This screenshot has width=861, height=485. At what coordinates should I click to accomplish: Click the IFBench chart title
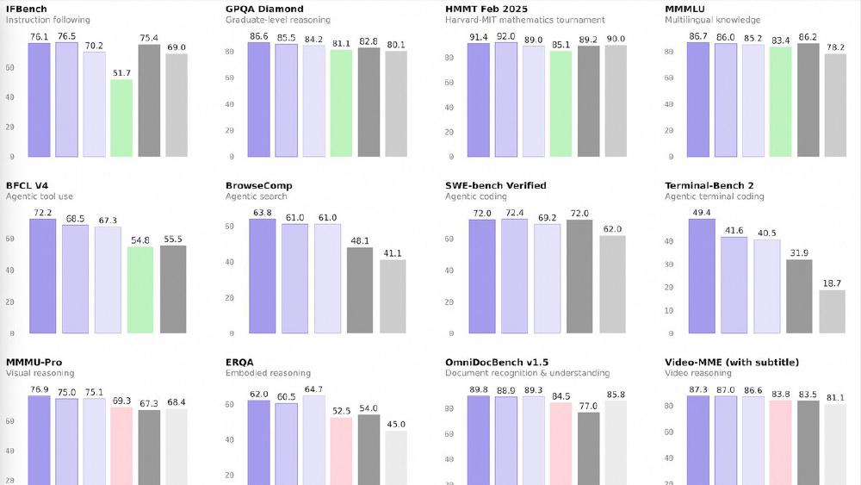(x=27, y=9)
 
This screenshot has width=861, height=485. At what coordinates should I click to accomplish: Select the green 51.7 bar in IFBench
(x=121, y=118)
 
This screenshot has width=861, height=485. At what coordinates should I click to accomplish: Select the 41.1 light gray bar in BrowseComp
(x=393, y=296)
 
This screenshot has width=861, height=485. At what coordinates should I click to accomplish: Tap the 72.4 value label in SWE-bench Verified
(x=514, y=213)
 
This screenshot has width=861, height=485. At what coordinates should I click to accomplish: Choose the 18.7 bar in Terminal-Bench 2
(x=832, y=311)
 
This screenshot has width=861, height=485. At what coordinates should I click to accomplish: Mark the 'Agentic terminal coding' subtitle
(x=714, y=196)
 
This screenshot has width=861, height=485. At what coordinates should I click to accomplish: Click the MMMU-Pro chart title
(x=34, y=362)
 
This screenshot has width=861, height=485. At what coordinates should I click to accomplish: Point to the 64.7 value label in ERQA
(x=313, y=389)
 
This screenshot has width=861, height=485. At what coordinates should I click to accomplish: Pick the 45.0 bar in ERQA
(x=396, y=457)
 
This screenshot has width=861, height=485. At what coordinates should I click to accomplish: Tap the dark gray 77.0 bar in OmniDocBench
(x=588, y=448)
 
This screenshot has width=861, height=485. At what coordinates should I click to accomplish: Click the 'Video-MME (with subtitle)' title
(x=732, y=362)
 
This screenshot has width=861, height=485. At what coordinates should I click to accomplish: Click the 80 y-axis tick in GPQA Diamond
(x=230, y=52)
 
